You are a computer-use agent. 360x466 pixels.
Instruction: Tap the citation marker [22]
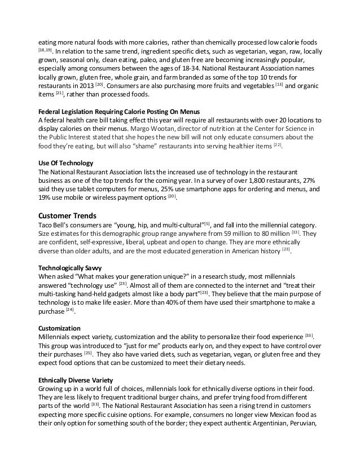pyautogui.click(x=276, y=146)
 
